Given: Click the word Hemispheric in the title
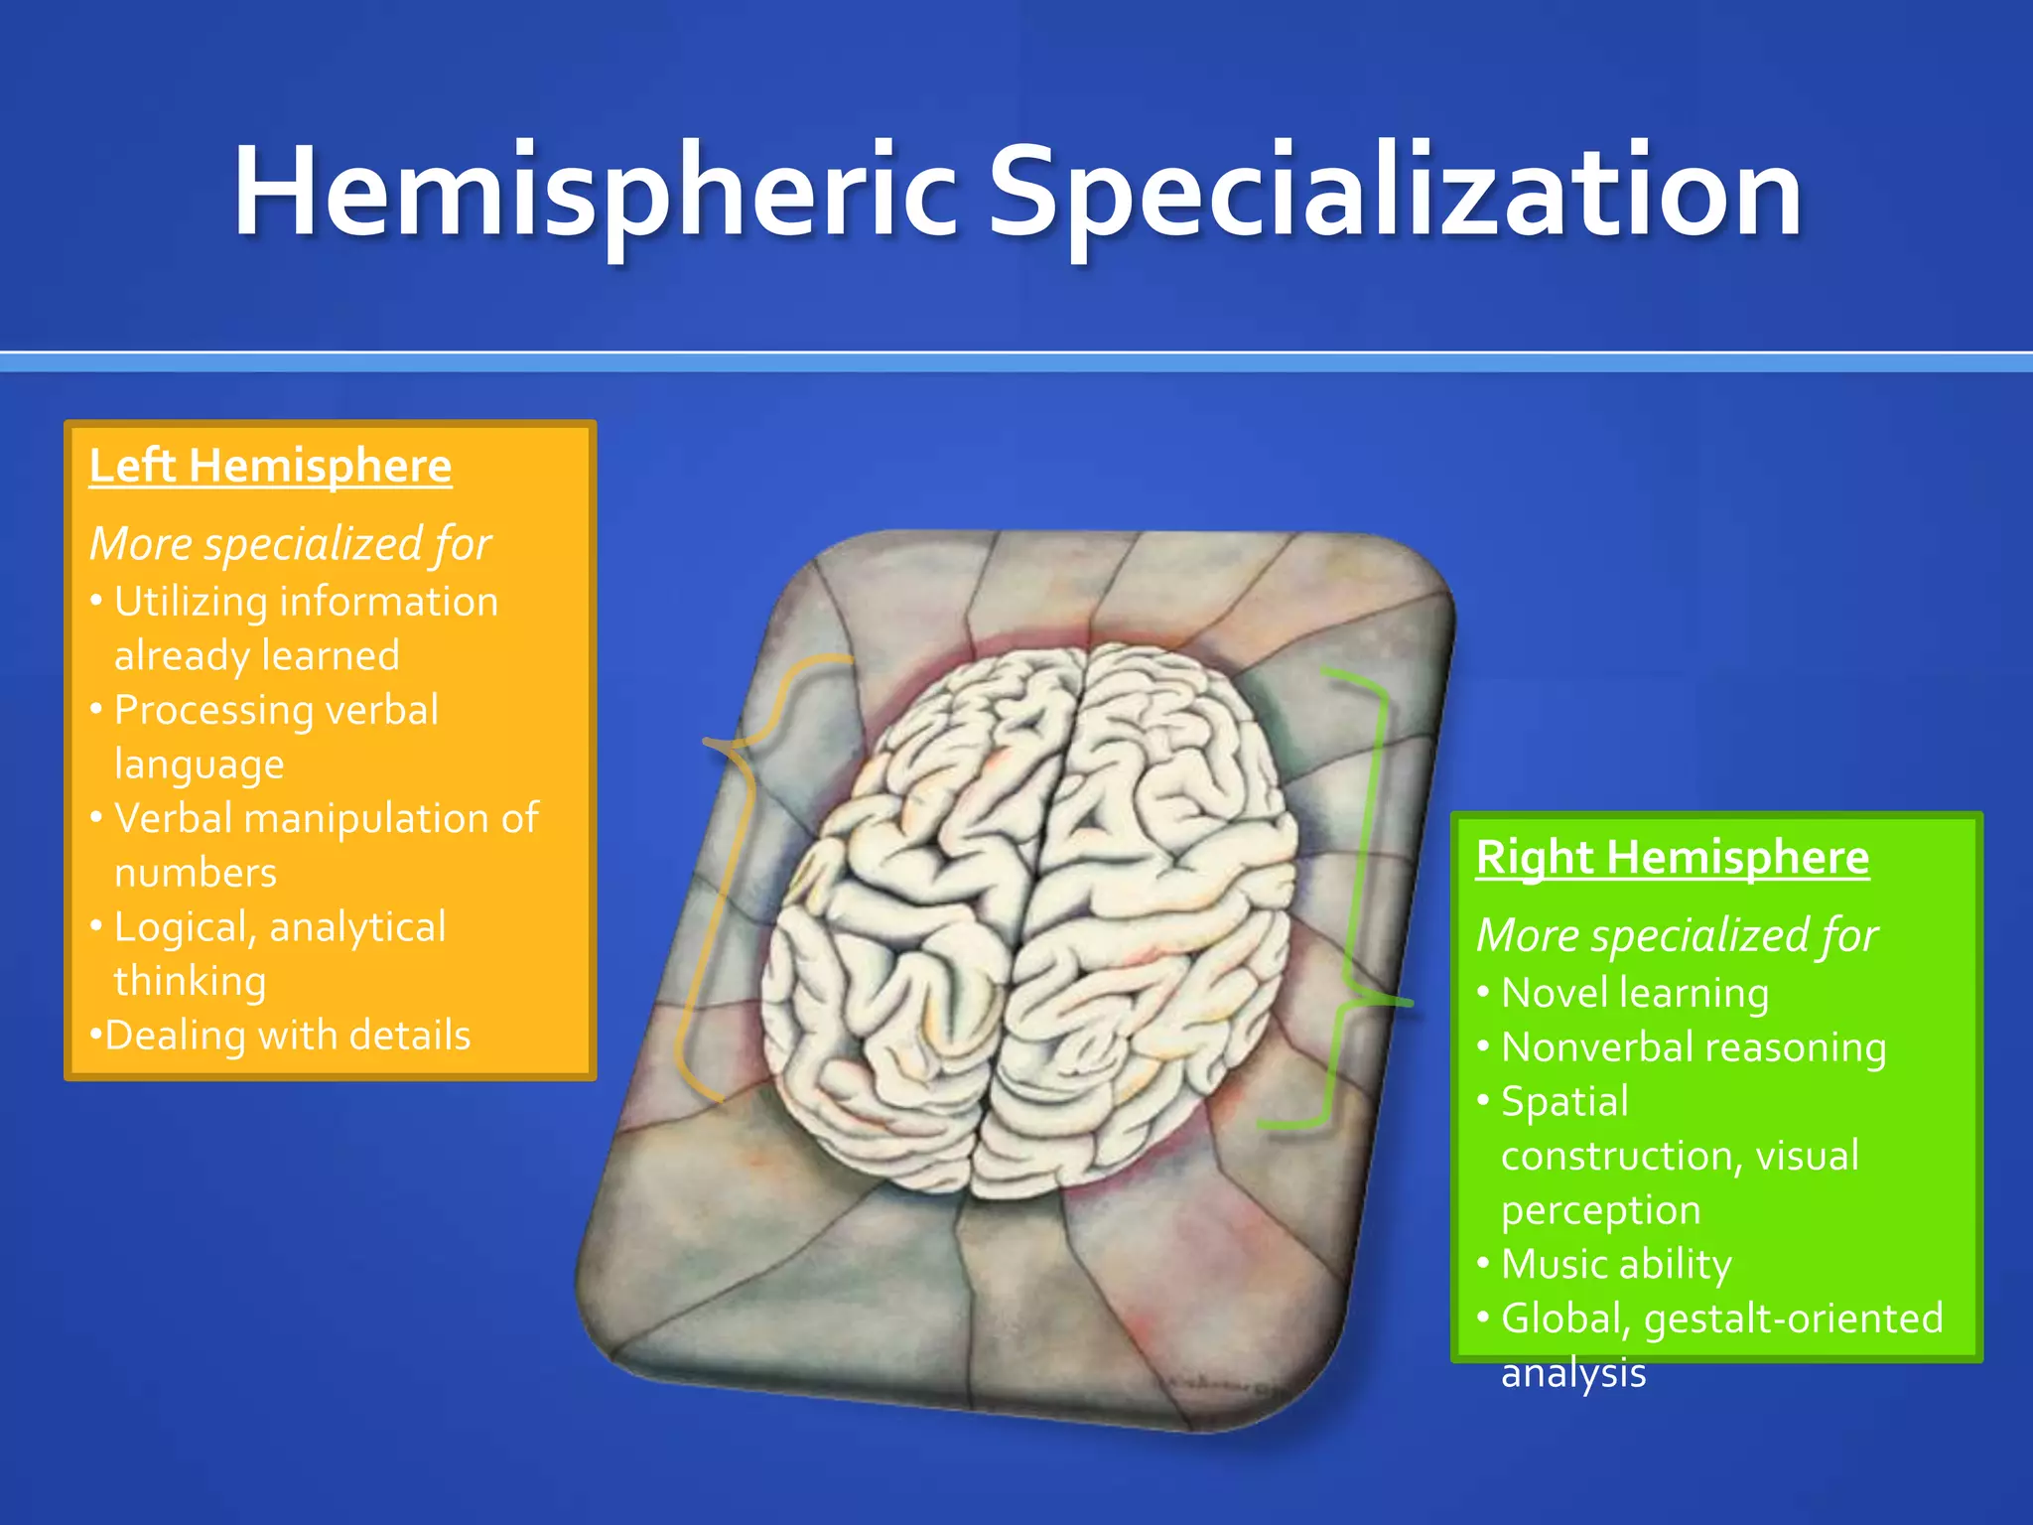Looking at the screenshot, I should click(596, 191).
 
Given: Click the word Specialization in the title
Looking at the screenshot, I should click(1395, 191).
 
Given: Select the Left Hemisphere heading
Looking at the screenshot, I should click(270, 466).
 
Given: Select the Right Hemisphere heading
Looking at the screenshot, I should click(1673, 857).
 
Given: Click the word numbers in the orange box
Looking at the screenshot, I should click(196, 873).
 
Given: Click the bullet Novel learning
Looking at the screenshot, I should click(1634, 993).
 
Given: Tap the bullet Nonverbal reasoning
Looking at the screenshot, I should click(1693, 1047).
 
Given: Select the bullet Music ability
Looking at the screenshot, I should click(1616, 1264).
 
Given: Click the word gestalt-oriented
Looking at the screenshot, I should click(1793, 1318).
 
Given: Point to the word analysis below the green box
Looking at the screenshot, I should click(1573, 1373).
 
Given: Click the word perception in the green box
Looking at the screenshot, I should click(1600, 1210).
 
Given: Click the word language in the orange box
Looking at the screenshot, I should click(200, 764).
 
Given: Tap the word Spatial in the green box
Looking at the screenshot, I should click(1564, 1102).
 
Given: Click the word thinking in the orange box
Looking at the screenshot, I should click(190, 981).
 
